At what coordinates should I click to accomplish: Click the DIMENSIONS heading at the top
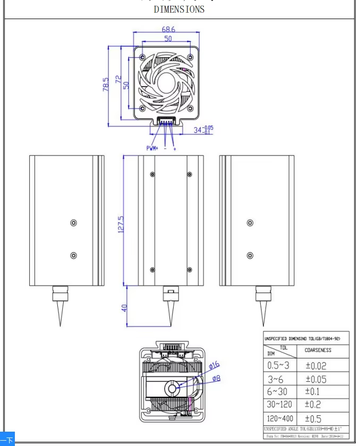click(179, 9)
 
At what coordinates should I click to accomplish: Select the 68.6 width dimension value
click(168, 29)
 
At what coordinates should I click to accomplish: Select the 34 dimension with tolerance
click(202, 130)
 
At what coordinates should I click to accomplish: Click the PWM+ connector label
click(152, 149)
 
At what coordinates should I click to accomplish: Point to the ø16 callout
click(214, 365)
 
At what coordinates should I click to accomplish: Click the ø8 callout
click(216, 378)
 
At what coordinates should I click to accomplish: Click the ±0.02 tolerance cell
click(316, 365)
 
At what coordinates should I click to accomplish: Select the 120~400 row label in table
click(279, 418)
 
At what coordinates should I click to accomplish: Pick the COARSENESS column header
click(318, 350)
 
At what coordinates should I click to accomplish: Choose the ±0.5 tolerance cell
click(313, 418)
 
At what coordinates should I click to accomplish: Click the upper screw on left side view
click(74, 223)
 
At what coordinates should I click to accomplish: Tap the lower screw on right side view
click(250, 255)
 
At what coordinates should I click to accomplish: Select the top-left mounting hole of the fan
click(142, 56)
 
